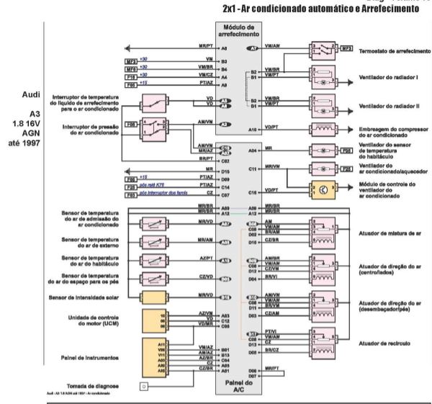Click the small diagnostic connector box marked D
click(x=144, y=387)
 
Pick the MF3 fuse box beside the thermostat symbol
click(x=346, y=48)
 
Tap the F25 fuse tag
click(x=346, y=169)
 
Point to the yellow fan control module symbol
click(x=320, y=191)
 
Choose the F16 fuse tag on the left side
click(x=130, y=75)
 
